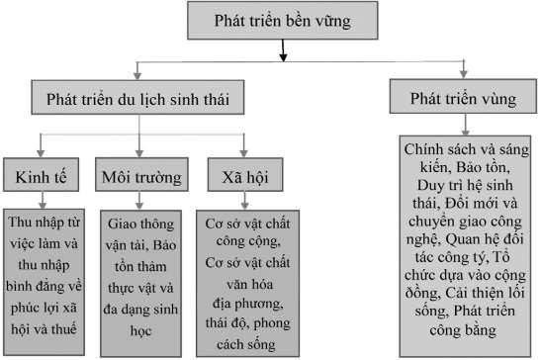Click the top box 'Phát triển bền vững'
(281, 19)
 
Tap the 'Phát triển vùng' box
(464, 101)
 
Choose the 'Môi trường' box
(141, 177)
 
